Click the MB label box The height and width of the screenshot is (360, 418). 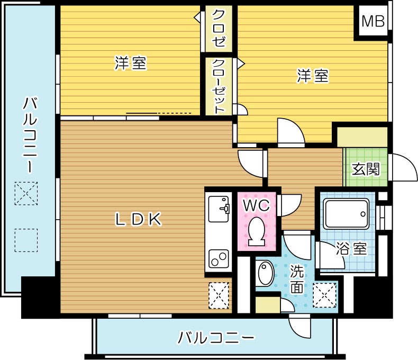pyautogui.click(x=373, y=21)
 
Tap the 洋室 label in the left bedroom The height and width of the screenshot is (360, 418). pyautogui.click(x=130, y=64)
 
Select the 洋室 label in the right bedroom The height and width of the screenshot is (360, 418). pyautogui.click(x=312, y=76)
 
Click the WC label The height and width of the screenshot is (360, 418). pyautogui.click(x=257, y=204)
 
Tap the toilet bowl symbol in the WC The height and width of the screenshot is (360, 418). pyautogui.click(x=258, y=231)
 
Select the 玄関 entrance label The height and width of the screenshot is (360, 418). pyautogui.click(x=366, y=169)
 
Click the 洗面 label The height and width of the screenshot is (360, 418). pyautogui.click(x=297, y=280)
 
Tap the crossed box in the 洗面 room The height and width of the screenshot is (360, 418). pyautogui.click(x=324, y=295)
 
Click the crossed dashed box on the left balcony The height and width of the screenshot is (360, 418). pyautogui.click(x=26, y=193)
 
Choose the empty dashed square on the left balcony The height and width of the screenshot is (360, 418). pyautogui.click(x=26, y=240)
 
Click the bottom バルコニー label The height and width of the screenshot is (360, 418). pyautogui.click(x=216, y=337)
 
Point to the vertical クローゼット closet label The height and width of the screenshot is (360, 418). pyautogui.click(x=219, y=86)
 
